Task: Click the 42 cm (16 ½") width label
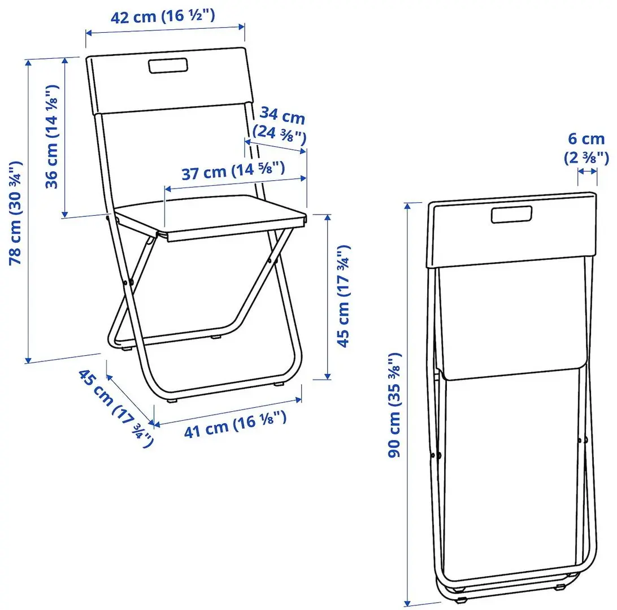(162, 17)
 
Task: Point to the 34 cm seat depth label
(282, 117)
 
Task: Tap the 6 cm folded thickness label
(586, 139)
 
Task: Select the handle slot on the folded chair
(512, 215)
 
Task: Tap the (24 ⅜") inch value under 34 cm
(280, 134)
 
